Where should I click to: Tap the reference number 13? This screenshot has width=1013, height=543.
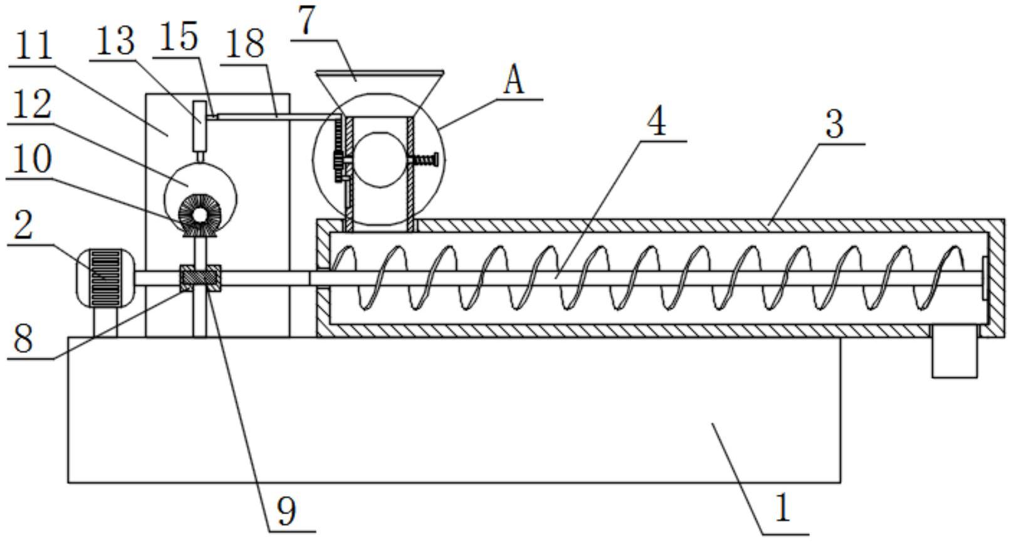coord(115,41)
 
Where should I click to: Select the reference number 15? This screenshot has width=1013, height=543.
coord(179,36)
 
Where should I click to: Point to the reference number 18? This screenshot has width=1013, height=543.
coord(245,43)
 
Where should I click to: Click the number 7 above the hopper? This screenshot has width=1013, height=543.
coord(307,21)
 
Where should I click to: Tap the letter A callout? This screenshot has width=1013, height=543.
coord(514,82)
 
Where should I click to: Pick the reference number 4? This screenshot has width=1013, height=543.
coord(657,122)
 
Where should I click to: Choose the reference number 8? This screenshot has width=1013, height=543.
coord(23,339)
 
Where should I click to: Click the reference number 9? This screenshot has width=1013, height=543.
coord(286,510)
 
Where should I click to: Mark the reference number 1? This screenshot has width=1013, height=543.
coord(783,508)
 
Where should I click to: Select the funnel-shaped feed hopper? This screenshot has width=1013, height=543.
coord(380,93)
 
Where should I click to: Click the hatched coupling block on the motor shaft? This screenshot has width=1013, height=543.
coord(200,278)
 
